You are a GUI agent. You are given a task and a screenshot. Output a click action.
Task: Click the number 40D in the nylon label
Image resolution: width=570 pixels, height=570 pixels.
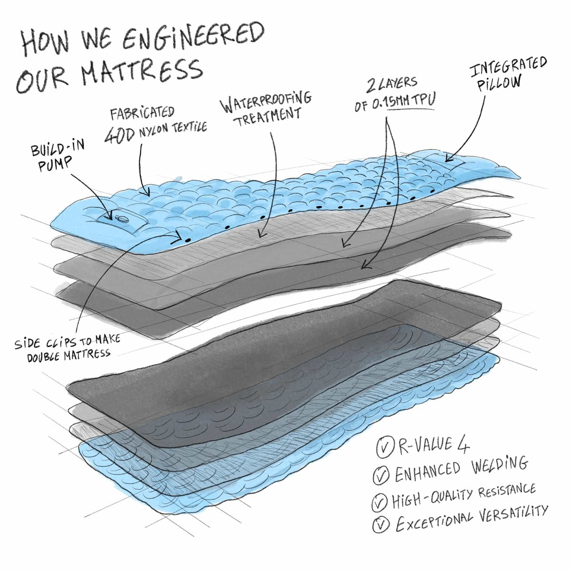click(120, 135)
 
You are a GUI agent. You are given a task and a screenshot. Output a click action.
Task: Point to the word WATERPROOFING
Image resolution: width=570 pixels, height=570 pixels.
click(266, 102)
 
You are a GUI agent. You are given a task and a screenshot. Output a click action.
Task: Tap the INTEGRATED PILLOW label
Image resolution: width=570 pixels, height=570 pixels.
click(508, 74)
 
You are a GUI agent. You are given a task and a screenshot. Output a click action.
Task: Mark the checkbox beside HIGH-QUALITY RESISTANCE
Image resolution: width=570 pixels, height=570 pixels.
click(380, 502)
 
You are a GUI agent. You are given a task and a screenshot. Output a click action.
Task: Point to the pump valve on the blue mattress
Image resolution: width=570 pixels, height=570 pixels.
click(122, 218)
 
